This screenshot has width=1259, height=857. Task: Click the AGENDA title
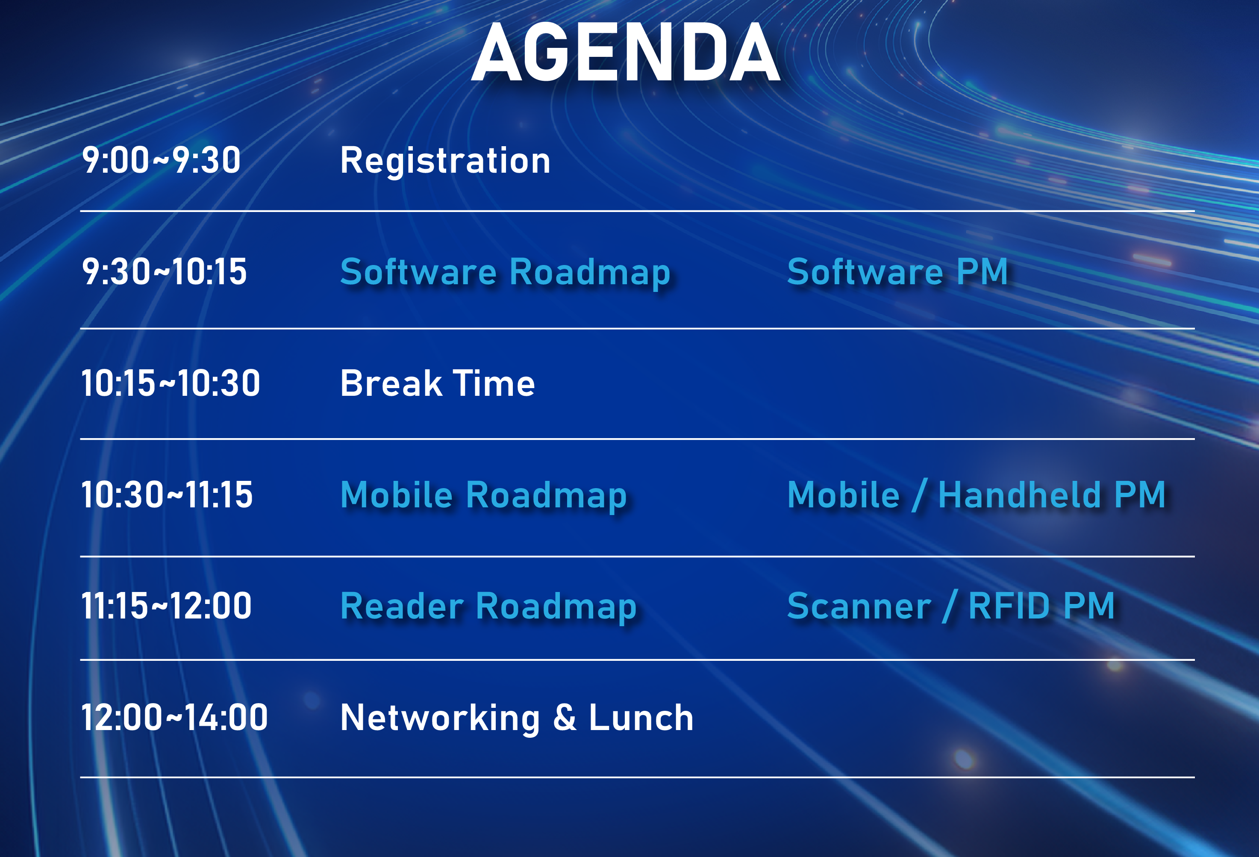(626, 53)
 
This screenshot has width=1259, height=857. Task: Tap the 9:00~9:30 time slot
(161, 160)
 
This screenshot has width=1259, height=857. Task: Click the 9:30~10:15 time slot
(164, 271)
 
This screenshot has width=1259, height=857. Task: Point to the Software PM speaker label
(897, 271)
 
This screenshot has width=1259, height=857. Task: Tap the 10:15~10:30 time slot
(171, 383)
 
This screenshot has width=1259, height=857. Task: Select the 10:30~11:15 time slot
(167, 495)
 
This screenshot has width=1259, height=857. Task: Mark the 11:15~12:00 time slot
(166, 606)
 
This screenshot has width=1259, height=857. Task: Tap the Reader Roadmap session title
(488, 607)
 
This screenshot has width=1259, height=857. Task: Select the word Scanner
(859, 606)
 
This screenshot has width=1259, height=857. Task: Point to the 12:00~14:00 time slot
(174, 717)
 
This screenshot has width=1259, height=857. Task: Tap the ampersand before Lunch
(565, 717)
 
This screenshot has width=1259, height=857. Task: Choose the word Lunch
(641, 717)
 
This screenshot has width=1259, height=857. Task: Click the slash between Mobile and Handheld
(919, 495)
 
